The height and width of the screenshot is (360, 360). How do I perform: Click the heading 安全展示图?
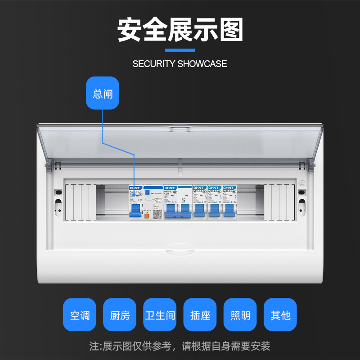click(180, 30)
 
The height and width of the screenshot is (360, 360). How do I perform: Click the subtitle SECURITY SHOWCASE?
click(180, 64)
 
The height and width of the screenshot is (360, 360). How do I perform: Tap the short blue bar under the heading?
click(180, 50)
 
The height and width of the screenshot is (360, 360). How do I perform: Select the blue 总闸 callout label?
click(103, 94)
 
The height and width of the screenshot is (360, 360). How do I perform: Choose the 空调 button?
click(80, 315)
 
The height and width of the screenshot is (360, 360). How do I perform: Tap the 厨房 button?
click(120, 315)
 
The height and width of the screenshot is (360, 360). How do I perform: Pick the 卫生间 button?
click(160, 315)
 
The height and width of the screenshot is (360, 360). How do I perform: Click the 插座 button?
click(200, 315)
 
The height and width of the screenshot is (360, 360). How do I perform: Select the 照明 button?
click(240, 315)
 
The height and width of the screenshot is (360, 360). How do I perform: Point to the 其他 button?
click(280, 315)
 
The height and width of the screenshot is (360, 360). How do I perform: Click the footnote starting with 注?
click(180, 346)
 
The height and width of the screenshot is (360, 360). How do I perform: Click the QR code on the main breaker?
click(157, 214)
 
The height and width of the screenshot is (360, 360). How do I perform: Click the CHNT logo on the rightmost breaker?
click(229, 188)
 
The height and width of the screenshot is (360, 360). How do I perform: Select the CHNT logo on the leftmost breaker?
click(135, 188)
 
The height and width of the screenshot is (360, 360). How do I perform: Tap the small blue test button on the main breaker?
click(147, 192)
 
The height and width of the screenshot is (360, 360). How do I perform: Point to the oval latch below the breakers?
click(180, 248)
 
